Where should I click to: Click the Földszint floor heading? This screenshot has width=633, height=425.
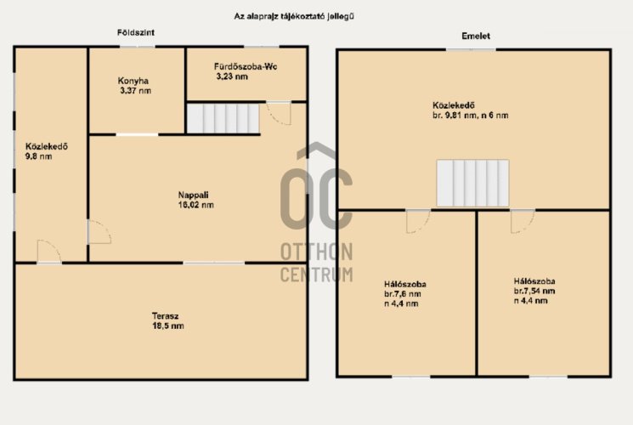pyautogui.click(x=136, y=32)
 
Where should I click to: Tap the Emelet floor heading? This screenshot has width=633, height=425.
pyautogui.click(x=476, y=36)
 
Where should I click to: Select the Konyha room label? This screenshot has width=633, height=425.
pyautogui.click(x=133, y=81)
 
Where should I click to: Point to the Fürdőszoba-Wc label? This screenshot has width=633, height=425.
pyautogui.click(x=246, y=66)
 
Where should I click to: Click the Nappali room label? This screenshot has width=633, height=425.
pyautogui.click(x=194, y=195)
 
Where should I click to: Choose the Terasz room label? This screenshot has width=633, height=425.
pyautogui.click(x=165, y=316)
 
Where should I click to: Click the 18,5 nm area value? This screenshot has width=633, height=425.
pyautogui.click(x=168, y=326)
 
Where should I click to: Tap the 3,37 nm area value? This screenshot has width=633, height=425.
pyautogui.click(x=136, y=91)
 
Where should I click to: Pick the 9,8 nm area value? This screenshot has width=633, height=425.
pyautogui.click(x=39, y=156)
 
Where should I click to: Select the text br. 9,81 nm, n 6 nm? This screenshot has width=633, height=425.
pyautogui.click(x=471, y=115)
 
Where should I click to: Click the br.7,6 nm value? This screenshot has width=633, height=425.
pyautogui.click(x=403, y=294)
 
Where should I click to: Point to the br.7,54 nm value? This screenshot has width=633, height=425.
pyautogui.click(x=534, y=291)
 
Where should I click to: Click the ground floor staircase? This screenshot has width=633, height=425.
pyautogui.click(x=223, y=118)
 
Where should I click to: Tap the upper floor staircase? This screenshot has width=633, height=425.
pyautogui.click(x=472, y=183)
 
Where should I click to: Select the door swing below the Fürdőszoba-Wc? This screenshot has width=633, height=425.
pyautogui.click(x=279, y=114)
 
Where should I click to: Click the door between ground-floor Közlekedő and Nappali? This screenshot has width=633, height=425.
pyautogui.click(x=99, y=232)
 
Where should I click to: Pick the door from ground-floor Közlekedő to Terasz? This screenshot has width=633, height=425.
pyautogui.click(x=49, y=252)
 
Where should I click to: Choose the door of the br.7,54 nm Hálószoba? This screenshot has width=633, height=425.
pyautogui.click(x=523, y=221)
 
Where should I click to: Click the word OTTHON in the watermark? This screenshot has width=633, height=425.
pyautogui.click(x=316, y=252)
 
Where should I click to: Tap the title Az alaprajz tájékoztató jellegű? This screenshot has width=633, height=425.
pyautogui.click(x=294, y=16)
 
